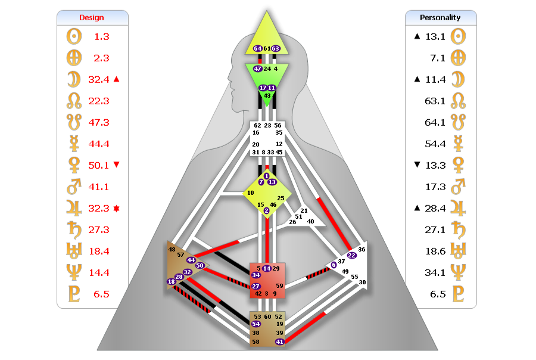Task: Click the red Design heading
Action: coord(91,17)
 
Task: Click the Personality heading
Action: coord(440,17)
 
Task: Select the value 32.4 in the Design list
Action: coord(98,80)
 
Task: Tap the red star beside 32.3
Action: coord(116,209)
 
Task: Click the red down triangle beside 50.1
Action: coord(117,165)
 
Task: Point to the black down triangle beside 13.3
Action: coord(417,165)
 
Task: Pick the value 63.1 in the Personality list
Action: coord(435,101)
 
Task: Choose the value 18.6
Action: coord(435,252)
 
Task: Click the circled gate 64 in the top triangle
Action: coord(257,49)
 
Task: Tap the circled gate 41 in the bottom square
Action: coord(280,342)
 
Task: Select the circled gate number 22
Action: coord(351,255)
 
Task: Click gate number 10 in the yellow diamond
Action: coord(251,193)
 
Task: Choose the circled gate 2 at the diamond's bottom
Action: coord(266,211)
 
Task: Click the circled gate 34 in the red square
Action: coord(255,275)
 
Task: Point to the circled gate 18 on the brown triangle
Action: coord(172,282)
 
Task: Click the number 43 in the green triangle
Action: coord(267,96)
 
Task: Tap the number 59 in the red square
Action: coord(279,285)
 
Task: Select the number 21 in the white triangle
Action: coord(304,211)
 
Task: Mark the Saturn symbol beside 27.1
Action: coord(458,229)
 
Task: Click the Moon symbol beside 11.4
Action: coord(458,79)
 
